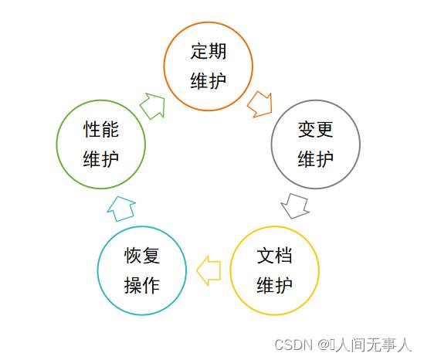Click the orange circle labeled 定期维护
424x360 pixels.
point(209,22)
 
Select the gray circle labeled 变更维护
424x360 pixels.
point(316,101)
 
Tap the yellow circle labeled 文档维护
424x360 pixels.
point(274,227)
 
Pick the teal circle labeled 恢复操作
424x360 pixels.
point(142,227)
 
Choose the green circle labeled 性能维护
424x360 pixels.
point(101,101)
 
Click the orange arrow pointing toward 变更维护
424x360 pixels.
point(260,104)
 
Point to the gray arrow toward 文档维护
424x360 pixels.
point(295,205)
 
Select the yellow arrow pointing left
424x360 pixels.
point(209,270)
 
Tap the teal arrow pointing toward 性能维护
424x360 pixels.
point(121,209)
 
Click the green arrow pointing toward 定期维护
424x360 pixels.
point(153,106)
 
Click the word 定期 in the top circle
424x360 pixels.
point(209,51)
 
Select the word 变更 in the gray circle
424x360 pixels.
point(316,129)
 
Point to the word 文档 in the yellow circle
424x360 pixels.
point(274,256)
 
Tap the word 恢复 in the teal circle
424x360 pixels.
point(142,256)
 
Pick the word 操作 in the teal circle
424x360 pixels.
point(142,285)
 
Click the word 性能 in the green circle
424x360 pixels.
point(101,129)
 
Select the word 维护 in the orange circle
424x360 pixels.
point(209,80)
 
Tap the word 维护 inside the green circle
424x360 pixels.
point(101,159)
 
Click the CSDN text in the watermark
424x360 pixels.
point(293,345)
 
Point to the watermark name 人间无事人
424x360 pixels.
point(374,345)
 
